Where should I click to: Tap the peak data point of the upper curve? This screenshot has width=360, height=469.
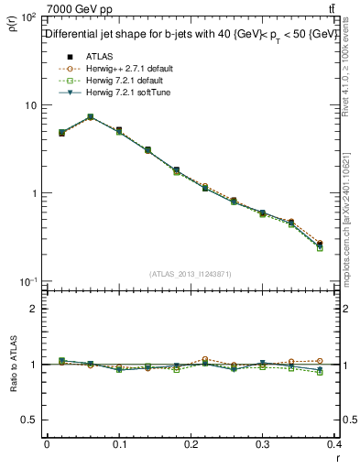click(x=90, y=117)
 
